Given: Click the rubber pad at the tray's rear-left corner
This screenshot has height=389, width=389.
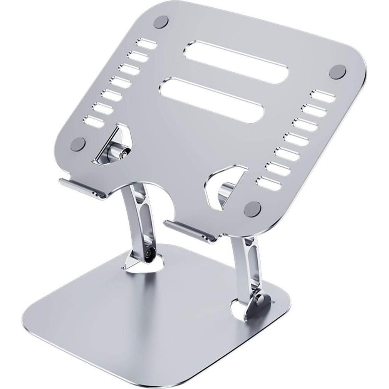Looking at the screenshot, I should (161, 22).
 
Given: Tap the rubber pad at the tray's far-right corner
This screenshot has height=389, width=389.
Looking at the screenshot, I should (338, 72).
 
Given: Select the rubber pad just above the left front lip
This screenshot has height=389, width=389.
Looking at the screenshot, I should (79, 144).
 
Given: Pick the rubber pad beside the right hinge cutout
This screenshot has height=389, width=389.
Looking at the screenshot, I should (253, 208).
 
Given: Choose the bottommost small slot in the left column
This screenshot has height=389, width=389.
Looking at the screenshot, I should (94, 121).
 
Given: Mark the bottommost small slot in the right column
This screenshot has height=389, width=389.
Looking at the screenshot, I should (269, 183).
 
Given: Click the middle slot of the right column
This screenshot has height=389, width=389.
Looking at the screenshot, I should (297, 139).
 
